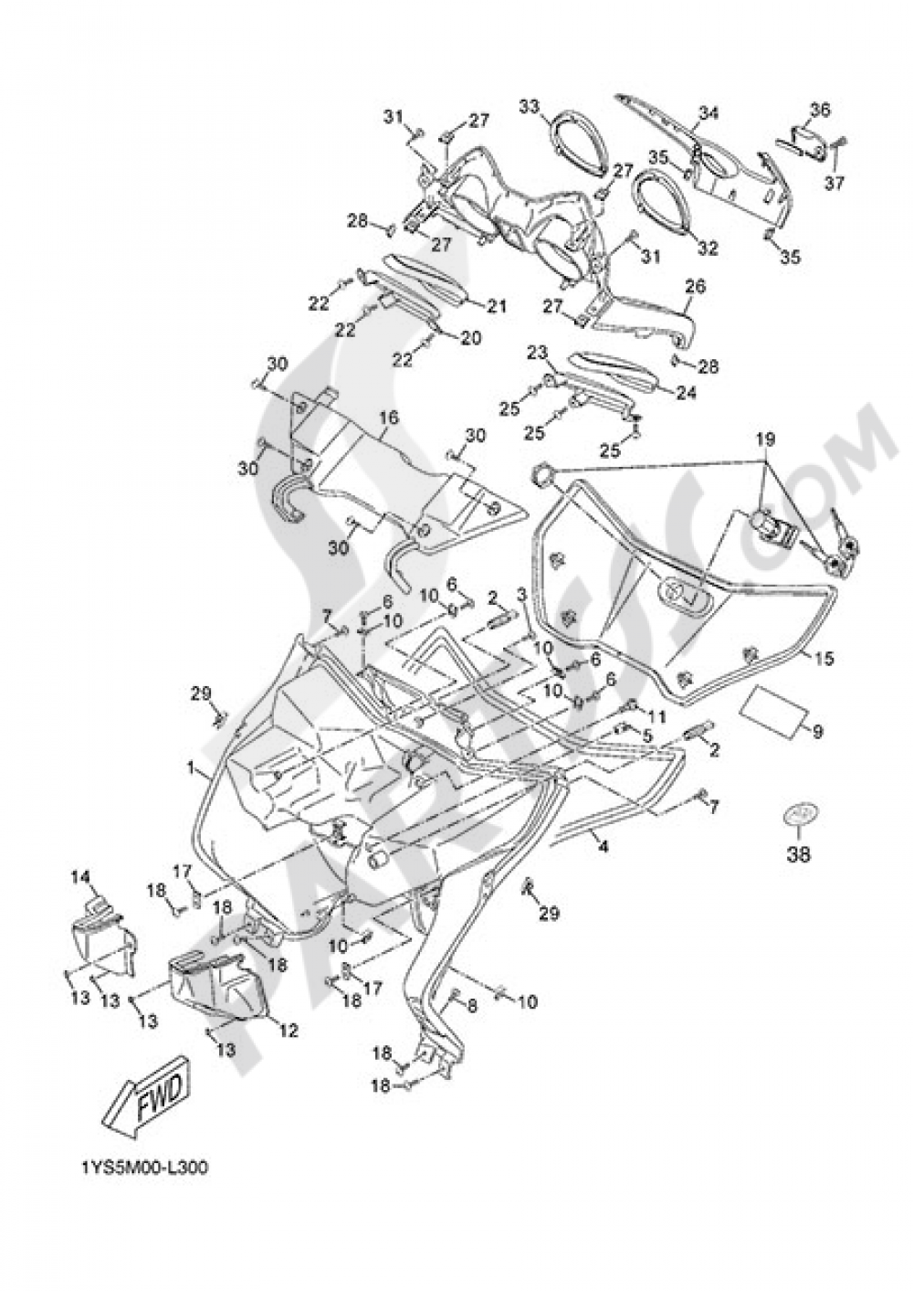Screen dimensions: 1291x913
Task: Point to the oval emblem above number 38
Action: click(x=802, y=814)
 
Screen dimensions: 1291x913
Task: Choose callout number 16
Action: click(x=389, y=418)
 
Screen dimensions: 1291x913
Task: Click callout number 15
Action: click(x=824, y=658)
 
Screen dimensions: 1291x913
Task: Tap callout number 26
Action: click(x=696, y=287)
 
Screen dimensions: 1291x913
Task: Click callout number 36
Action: click(x=819, y=110)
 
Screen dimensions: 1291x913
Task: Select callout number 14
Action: click(x=82, y=877)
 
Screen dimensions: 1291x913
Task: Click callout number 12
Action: click(x=289, y=1031)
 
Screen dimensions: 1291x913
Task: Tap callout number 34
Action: click(x=708, y=113)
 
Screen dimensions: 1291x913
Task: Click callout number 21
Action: click(x=496, y=307)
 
